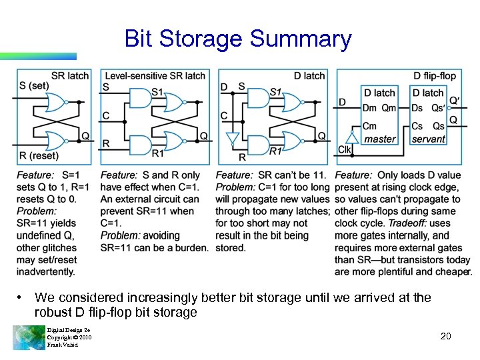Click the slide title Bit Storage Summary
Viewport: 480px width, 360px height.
click(x=237, y=39)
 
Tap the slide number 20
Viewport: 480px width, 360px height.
click(x=445, y=336)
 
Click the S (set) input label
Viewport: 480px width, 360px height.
click(x=34, y=85)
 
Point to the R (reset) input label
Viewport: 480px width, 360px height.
click(x=38, y=156)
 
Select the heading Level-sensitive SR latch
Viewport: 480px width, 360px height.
click(x=155, y=75)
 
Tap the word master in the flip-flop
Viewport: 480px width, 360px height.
click(x=380, y=139)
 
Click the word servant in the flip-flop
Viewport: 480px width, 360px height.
click(x=428, y=139)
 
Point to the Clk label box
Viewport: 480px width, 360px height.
click(x=345, y=149)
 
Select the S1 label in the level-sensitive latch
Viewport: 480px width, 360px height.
click(x=157, y=91)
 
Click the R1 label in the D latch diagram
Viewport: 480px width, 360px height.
click(x=275, y=152)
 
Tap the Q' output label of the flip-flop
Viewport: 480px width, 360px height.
click(x=455, y=101)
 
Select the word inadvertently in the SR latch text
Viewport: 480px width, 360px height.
click(x=46, y=271)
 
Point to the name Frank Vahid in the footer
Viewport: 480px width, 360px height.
click(x=63, y=345)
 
